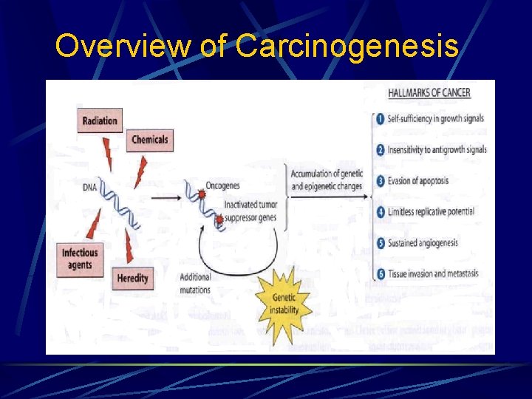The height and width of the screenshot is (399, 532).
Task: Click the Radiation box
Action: click(99, 120)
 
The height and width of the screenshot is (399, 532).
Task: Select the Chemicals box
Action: click(149, 139)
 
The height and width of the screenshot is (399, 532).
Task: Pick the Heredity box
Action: click(132, 279)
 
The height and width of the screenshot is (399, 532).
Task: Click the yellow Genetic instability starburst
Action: click(284, 304)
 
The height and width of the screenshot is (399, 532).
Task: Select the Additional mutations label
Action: click(195, 284)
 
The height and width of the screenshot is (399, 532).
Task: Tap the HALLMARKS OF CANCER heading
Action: click(429, 93)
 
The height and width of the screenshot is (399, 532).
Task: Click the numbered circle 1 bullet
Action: click(379, 119)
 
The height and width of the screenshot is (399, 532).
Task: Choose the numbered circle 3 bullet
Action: click(379, 181)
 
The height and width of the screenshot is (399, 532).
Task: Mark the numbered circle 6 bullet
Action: click(379, 274)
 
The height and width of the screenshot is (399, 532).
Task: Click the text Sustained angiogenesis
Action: click(423, 243)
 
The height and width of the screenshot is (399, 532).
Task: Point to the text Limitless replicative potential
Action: click(432, 212)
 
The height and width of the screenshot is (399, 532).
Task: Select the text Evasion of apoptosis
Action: click(418, 181)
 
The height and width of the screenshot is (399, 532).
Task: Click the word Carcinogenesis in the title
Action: click(347, 47)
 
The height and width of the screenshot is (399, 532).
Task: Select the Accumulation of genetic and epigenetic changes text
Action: click(326, 180)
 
